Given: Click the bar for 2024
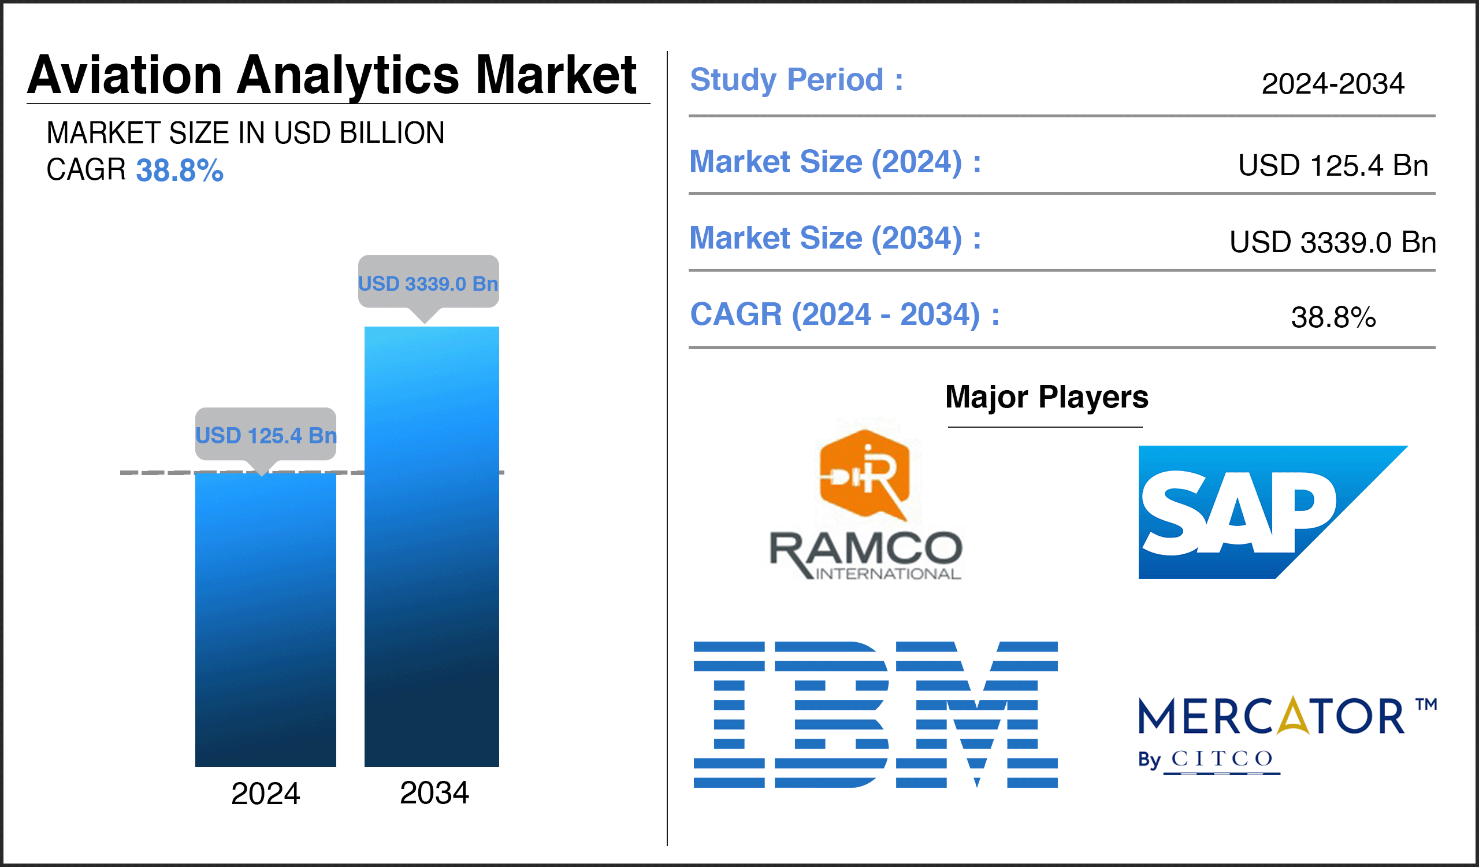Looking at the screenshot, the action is tap(265, 620).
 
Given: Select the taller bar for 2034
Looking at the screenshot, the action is tap(432, 546).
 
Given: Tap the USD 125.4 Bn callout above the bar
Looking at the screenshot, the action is tap(266, 436).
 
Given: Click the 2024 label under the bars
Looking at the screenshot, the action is tap(265, 794).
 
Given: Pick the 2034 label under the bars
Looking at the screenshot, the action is tap(434, 793).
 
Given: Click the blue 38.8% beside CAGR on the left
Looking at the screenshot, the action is tap(180, 171).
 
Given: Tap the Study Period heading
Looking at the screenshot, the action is tap(797, 80).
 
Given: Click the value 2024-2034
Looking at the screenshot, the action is tap(1333, 84).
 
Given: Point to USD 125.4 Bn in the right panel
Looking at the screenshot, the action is tap(1333, 165).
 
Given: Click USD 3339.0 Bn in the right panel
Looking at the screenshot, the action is tap(1333, 242).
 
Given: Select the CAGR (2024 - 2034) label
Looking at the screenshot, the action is tap(845, 314).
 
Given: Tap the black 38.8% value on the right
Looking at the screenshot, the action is tap(1333, 317).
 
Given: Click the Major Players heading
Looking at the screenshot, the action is tap(1046, 398).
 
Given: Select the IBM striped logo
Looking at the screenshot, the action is tap(876, 714).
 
